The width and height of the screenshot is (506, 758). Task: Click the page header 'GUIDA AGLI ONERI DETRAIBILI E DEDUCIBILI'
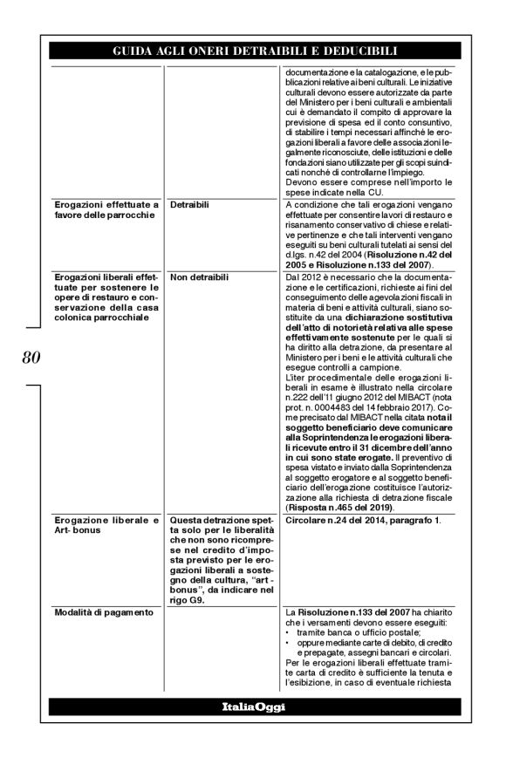(254, 51)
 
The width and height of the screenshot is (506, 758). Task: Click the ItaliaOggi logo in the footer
(254, 705)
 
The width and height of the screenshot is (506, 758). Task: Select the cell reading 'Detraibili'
(190, 204)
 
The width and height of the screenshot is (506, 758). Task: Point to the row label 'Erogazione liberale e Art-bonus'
(104, 526)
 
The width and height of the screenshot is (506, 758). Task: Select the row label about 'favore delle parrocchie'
(104, 209)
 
